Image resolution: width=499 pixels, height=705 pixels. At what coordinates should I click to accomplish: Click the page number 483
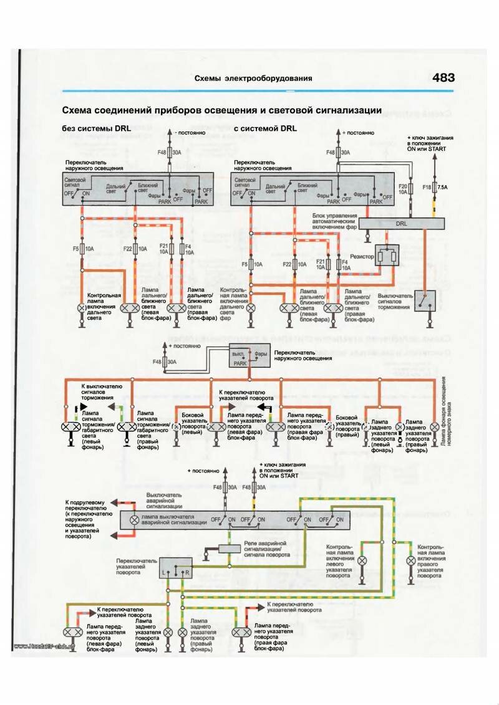click(443, 78)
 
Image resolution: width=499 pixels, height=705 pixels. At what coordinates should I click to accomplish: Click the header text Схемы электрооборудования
click(253, 79)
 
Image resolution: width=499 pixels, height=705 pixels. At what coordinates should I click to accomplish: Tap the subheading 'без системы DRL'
click(94, 128)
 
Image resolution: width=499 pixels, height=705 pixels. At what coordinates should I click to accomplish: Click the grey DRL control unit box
click(402, 223)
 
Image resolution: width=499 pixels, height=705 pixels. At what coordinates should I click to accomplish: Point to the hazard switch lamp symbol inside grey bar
click(133, 519)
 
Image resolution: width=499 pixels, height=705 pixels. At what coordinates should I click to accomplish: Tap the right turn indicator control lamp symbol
click(410, 562)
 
